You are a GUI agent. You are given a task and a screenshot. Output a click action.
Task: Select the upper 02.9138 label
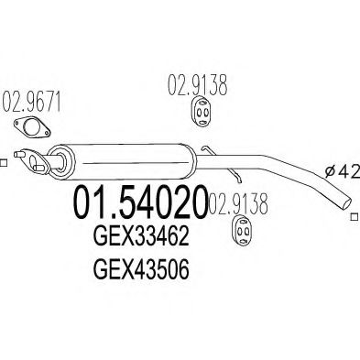pos(195,90)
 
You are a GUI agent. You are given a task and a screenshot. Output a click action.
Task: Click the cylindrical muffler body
pos(119,164)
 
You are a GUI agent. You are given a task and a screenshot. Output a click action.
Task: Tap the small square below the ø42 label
pos(354,218)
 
